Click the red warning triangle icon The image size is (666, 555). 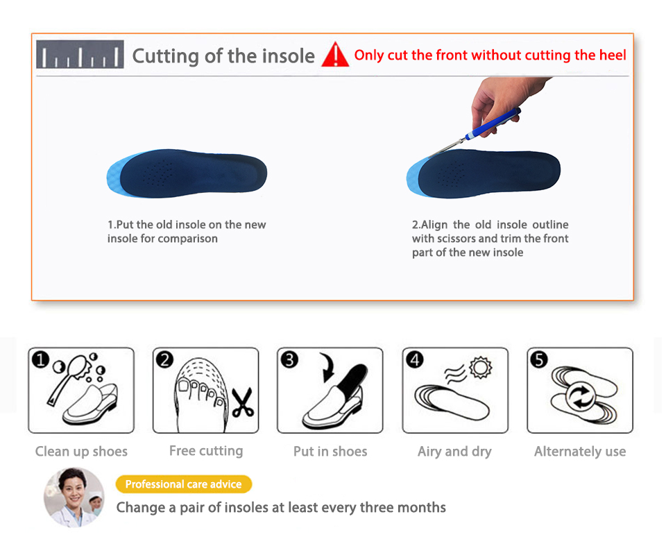coord(335,55)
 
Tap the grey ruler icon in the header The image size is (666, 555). coord(80,54)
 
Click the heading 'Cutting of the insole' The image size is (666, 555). coord(223,56)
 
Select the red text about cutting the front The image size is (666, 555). coord(490,55)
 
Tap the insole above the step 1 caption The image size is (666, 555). coord(187,173)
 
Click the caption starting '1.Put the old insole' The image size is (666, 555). coord(187,232)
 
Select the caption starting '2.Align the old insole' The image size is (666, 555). coord(490,238)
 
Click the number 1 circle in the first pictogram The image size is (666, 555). coord(41,360)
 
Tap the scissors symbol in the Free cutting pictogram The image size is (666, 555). coord(243,402)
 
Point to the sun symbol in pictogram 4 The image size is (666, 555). coord(481,367)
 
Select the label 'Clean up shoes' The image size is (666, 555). coord(81,452)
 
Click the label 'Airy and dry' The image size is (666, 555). coord(454,452)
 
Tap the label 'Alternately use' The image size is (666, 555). coord(580,452)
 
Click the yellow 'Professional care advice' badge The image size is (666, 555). coord(183,484)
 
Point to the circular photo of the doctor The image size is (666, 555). coord(74,497)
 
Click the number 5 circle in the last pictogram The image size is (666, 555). coord(539,360)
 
